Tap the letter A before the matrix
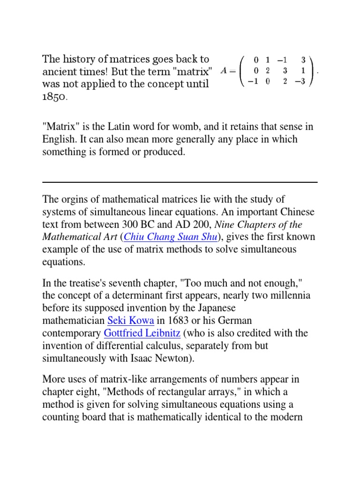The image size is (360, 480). click(x=224, y=70)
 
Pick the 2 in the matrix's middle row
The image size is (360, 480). click(x=267, y=70)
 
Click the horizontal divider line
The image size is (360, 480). click(x=180, y=182)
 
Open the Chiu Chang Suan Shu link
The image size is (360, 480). click(x=172, y=237)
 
